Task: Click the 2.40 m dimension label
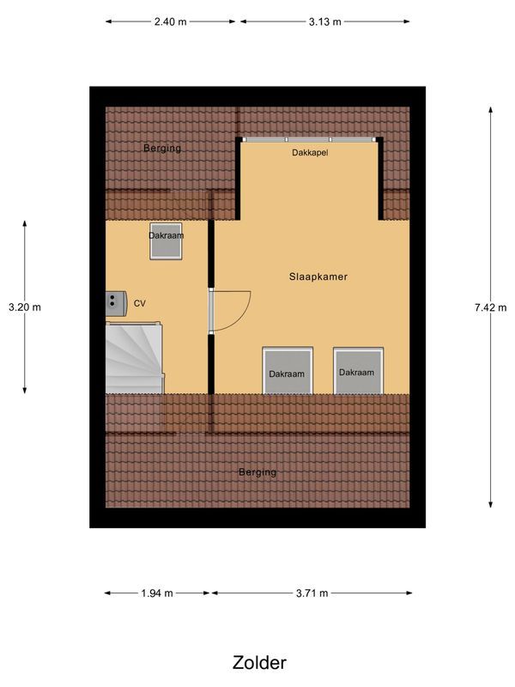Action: click(x=171, y=22)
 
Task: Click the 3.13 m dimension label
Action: click(x=324, y=22)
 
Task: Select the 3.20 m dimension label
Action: click(x=24, y=307)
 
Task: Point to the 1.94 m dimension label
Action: click(x=157, y=593)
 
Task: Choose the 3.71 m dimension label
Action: click(x=312, y=593)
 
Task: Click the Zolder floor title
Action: click(x=258, y=662)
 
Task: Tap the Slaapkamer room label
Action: click(x=317, y=277)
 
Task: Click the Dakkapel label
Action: click(x=309, y=152)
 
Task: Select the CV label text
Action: click(x=140, y=302)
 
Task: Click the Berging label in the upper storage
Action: click(x=162, y=148)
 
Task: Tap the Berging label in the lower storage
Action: click(x=257, y=472)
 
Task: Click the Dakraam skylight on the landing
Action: click(x=166, y=242)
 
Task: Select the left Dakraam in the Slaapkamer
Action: click(x=287, y=371)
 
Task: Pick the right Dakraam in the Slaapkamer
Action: click(x=356, y=370)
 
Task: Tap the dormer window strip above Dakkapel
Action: click(x=309, y=139)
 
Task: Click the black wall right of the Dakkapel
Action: click(x=380, y=178)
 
